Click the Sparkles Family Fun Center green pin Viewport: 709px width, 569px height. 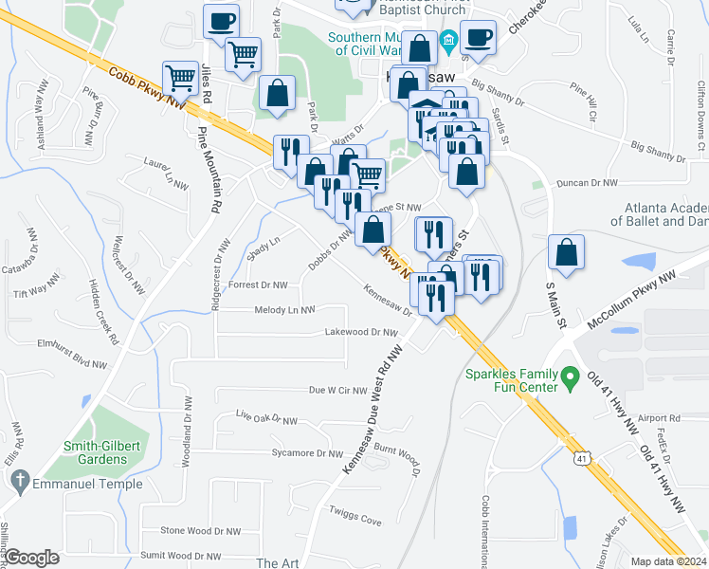click(x=569, y=377)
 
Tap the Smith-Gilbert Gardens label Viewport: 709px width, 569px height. click(x=95, y=452)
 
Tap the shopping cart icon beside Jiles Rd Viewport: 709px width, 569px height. click(x=180, y=77)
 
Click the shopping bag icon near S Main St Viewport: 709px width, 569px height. click(x=566, y=252)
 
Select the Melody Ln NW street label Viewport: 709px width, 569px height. click(x=284, y=310)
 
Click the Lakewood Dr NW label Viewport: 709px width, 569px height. click(x=360, y=332)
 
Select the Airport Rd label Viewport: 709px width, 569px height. click(x=660, y=418)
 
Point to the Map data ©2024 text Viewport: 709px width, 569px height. click(x=668, y=561)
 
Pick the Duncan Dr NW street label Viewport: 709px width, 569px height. click(x=587, y=182)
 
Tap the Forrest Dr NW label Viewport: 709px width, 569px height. click(x=258, y=284)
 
